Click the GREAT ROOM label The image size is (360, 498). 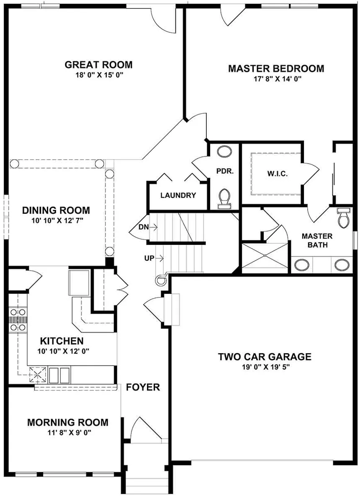click(98, 65)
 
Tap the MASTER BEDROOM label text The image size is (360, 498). click(276, 69)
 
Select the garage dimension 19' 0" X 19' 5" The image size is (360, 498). click(265, 367)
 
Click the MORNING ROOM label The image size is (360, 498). click(67, 422)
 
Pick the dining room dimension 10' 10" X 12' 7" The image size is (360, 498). click(56, 220)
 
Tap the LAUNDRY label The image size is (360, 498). click(178, 195)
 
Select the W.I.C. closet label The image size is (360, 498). click(277, 173)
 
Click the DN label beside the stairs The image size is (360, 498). click(143, 227)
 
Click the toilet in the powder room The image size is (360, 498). click(225, 198)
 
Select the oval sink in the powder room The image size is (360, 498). click(225, 151)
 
